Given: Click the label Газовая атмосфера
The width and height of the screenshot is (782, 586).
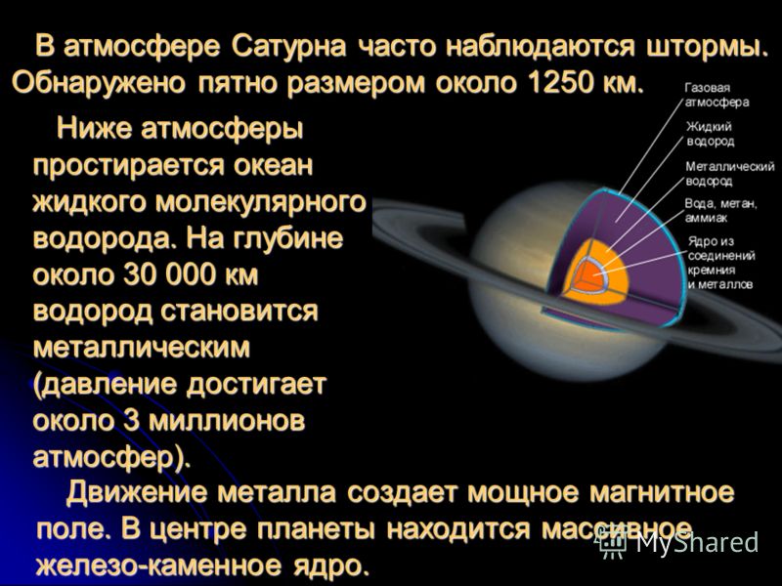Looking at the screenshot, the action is (x=717, y=95).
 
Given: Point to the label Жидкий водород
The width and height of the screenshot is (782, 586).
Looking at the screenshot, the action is (x=711, y=134).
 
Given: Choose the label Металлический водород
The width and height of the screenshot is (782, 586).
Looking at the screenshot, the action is (x=729, y=174).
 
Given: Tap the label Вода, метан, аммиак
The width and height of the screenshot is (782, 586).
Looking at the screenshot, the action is (x=720, y=211).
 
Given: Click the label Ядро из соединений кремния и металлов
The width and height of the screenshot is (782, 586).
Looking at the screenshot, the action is (x=721, y=263).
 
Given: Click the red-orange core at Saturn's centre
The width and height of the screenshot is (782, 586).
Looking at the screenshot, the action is (x=589, y=277).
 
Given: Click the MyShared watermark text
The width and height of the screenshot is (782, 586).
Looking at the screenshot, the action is (x=697, y=542).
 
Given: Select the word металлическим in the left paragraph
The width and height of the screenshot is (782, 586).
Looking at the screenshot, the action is (x=141, y=348).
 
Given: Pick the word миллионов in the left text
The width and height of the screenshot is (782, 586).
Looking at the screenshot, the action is (x=227, y=421).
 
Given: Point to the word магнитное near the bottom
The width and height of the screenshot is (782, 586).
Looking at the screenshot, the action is (x=662, y=493).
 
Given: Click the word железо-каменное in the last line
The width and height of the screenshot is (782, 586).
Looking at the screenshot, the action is (x=156, y=565).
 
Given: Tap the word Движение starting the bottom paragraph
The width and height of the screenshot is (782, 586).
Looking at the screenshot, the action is (x=136, y=493).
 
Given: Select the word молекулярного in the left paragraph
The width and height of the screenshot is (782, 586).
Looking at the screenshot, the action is (x=260, y=203).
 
